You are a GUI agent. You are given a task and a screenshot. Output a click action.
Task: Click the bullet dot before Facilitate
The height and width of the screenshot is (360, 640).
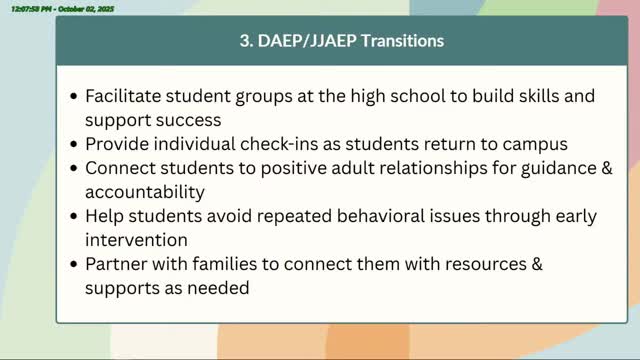click(74, 98)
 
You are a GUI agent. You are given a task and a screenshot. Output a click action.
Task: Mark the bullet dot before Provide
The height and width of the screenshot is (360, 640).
click(74, 144)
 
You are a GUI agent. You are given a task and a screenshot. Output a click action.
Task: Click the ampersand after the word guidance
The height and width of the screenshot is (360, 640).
click(605, 167)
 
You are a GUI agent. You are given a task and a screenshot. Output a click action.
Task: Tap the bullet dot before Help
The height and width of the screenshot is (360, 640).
click(74, 215)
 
